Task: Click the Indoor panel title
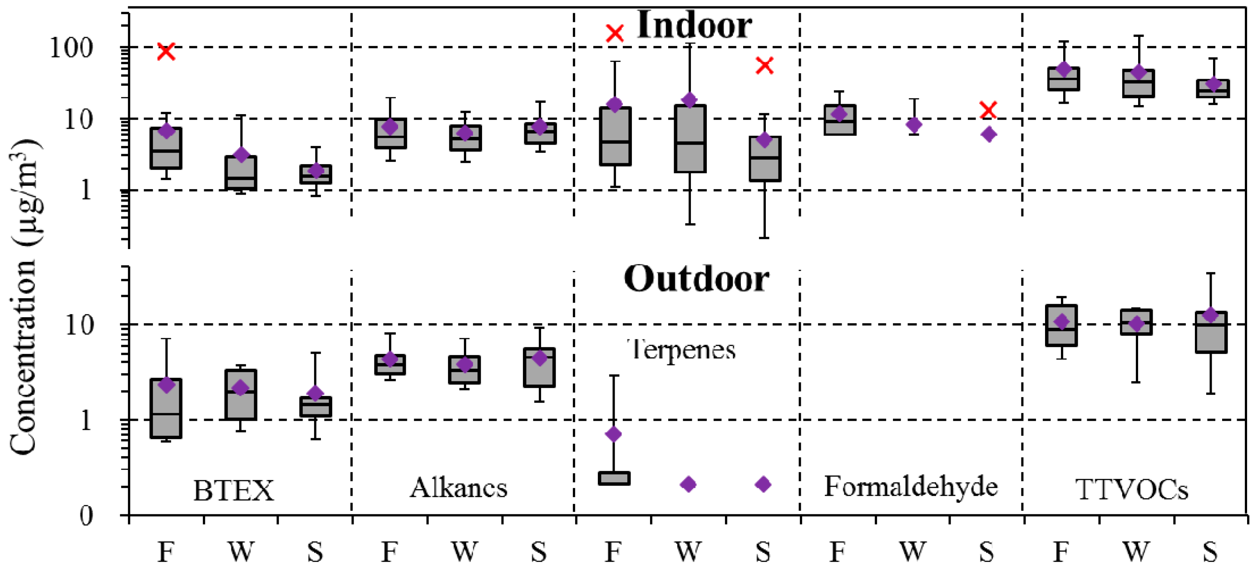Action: coord(694,25)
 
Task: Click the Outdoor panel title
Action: coord(696,279)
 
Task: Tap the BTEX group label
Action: coord(233,490)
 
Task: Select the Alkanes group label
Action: coord(458,488)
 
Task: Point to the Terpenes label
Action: coord(682,350)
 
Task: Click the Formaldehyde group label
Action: coord(911,486)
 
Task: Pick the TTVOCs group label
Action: coord(1131,489)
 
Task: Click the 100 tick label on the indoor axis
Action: coord(71,48)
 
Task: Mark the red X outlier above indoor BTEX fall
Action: coord(166,51)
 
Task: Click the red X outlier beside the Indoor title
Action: coord(615,34)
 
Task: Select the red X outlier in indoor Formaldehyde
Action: coord(988,110)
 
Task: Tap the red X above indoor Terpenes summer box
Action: coord(764,65)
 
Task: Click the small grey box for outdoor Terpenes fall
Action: coord(614,478)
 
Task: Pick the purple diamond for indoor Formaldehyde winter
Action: coord(914,125)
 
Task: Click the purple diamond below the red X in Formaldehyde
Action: coord(988,135)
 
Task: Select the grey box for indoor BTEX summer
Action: coord(316,174)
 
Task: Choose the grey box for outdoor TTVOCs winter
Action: coord(1136,322)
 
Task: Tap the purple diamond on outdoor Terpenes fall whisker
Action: coord(614,434)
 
